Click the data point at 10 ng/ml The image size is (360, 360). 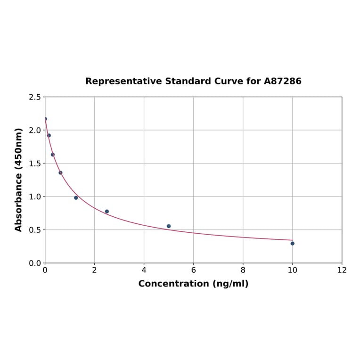click(x=293, y=244)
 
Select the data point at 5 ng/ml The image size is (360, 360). click(x=169, y=226)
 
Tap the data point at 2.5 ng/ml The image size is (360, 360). click(x=107, y=212)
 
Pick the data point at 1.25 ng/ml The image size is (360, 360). click(x=76, y=198)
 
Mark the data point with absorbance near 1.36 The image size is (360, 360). click(x=60, y=172)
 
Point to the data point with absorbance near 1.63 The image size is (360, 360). click(x=53, y=155)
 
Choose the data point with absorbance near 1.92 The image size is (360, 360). click(x=49, y=135)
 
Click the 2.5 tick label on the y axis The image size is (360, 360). click(x=35, y=97)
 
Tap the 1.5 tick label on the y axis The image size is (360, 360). click(x=35, y=164)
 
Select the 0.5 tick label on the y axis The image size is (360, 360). click(x=35, y=230)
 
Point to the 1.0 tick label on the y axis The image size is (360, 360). click(x=35, y=196)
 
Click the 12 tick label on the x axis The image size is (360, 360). click(x=342, y=270)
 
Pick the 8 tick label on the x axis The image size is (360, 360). click(x=243, y=270)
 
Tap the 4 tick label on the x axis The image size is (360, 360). click(x=144, y=270)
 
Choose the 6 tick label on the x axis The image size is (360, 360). click(x=194, y=270)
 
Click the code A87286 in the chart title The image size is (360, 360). click(x=283, y=82)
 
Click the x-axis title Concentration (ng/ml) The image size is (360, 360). click(x=193, y=284)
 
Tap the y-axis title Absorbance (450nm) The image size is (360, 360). click(x=19, y=180)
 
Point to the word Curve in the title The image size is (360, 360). click(x=229, y=82)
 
